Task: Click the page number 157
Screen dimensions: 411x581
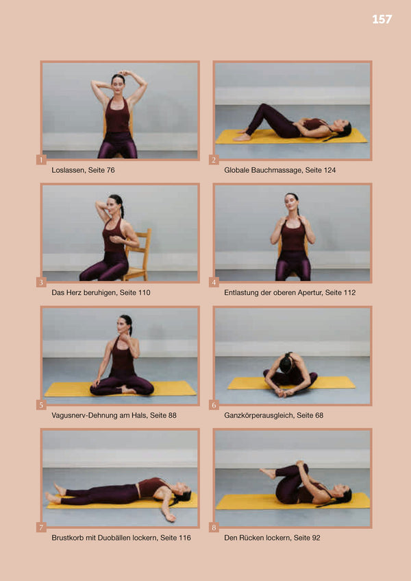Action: point(382,19)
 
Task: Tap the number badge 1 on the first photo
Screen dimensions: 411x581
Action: point(41,160)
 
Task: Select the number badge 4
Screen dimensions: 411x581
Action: point(214,283)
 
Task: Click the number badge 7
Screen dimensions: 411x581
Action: point(41,527)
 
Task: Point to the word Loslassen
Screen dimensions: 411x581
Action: point(67,170)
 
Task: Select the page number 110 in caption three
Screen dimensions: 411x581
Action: point(144,292)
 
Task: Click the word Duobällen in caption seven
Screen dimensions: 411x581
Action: point(114,538)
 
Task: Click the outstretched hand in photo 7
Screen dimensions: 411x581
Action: point(169,517)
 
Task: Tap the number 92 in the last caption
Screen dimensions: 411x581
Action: point(316,538)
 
